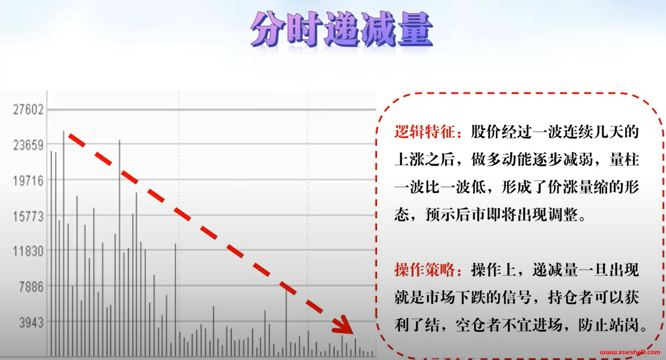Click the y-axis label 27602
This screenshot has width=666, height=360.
coord(28,110)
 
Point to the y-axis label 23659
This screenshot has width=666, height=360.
coord(28,145)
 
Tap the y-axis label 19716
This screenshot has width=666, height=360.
coord(28,181)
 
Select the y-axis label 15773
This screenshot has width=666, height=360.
coord(28,217)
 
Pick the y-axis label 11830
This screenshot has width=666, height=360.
coord(28,252)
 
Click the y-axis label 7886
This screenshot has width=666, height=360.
coord(31,287)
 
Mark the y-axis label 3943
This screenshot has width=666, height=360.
coord(31,323)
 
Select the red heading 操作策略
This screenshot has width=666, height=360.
coord(424,270)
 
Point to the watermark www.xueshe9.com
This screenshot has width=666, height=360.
coord(630,353)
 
